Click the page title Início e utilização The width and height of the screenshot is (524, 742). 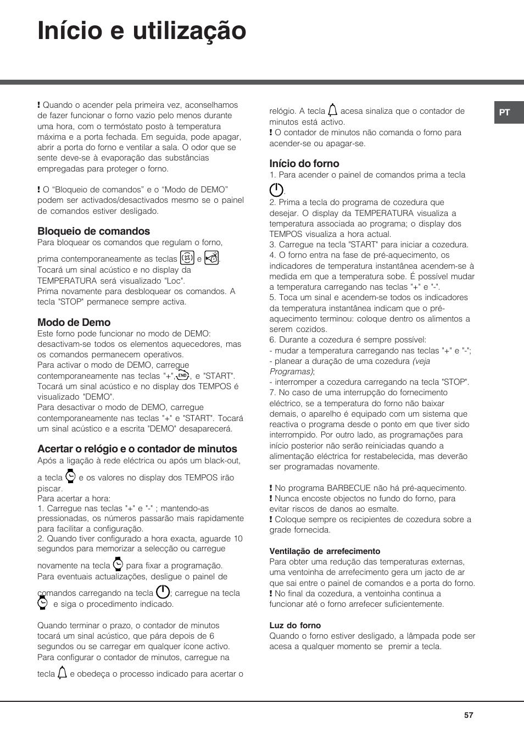click(142, 31)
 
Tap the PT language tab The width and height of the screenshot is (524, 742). click(505, 113)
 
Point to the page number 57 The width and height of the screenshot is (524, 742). click(468, 715)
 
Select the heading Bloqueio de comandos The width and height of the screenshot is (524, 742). click(93, 231)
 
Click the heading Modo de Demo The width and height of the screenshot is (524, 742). click(74, 323)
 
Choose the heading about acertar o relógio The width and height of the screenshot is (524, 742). click(137, 449)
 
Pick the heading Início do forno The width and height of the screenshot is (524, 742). click(304, 164)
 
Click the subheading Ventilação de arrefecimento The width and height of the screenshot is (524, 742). click(325, 551)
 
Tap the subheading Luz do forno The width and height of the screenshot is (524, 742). click(295, 625)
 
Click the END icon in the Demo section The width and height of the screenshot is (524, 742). click(183, 375)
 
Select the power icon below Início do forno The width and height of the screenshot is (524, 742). click(276, 190)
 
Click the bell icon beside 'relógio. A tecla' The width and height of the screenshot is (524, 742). click(332, 110)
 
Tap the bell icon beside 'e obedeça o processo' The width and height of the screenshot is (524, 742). click(62, 673)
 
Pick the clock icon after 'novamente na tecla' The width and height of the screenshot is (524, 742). click(118, 564)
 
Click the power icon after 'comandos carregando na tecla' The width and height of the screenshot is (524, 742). click(163, 592)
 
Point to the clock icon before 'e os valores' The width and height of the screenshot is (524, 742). click(70, 476)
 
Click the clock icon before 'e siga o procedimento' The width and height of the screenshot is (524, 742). click(43, 603)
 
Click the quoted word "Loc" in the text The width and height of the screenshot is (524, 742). click(176, 281)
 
